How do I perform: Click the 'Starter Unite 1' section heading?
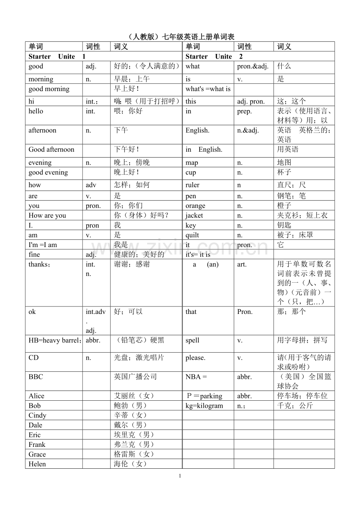pyautogui.click(x=57, y=56)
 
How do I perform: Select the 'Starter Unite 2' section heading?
pyautogui.click(x=214, y=56)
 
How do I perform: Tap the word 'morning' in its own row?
pyautogui.click(x=41, y=79)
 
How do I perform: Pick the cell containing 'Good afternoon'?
pyautogui.click(x=51, y=149)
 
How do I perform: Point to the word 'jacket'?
pyautogui.click(x=194, y=215)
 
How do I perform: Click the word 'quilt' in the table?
pyautogui.click(x=192, y=235)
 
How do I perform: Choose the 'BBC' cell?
pyautogui.click(x=36, y=377)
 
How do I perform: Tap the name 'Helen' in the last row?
pyautogui.click(x=37, y=464)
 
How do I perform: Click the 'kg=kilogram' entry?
pyautogui.click(x=204, y=406)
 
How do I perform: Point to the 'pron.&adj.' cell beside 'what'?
pyautogui.click(x=253, y=66)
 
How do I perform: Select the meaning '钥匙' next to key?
pyautogui.click(x=284, y=225)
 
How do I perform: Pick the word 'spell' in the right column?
pyautogui.click(x=193, y=340)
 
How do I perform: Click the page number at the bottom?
pyautogui.click(x=180, y=476)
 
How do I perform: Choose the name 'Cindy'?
pyautogui.click(x=37, y=416)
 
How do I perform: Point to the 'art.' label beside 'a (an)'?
pyautogui.click(x=242, y=264)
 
